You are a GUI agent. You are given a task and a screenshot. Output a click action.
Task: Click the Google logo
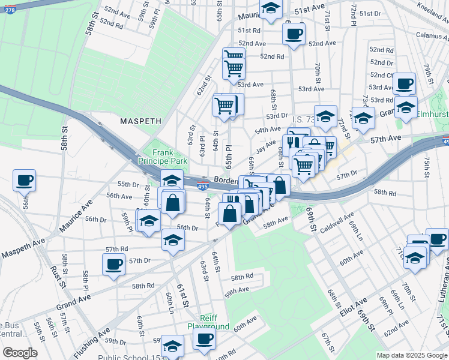coord(20,353)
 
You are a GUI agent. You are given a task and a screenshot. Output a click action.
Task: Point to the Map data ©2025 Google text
coord(411,355)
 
